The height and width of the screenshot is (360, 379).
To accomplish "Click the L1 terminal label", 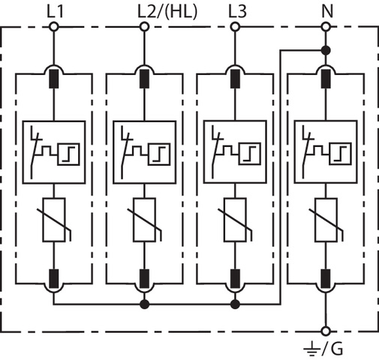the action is pyautogui.click(x=56, y=11).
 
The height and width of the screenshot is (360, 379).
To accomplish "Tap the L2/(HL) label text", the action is pyautogui.click(x=167, y=12).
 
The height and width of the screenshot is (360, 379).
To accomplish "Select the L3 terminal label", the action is pyautogui.click(x=237, y=11).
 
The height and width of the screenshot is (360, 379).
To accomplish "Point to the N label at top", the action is pyautogui.click(x=327, y=11).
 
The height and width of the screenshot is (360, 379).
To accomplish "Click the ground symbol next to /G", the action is pyautogui.click(x=311, y=349).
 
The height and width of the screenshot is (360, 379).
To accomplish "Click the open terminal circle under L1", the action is pyautogui.click(x=54, y=26).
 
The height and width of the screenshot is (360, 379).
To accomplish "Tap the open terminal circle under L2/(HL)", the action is pyautogui.click(x=144, y=26).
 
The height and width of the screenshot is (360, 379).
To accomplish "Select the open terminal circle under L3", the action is pyautogui.click(x=235, y=26).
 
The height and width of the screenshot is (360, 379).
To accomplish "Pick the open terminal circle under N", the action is pyautogui.click(x=326, y=26).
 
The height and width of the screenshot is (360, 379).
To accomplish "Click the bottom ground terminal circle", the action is pyautogui.click(x=326, y=331).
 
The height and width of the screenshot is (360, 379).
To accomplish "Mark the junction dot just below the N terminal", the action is pyautogui.click(x=326, y=50).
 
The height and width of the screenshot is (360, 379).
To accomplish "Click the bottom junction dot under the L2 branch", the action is pyautogui.click(x=144, y=304).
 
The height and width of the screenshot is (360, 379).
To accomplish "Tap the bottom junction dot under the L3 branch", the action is pyautogui.click(x=235, y=304).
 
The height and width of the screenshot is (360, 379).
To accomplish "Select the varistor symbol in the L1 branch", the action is pyautogui.click(x=54, y=220).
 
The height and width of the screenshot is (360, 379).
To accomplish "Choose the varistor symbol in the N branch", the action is pyautogui.click(x=326, y=220).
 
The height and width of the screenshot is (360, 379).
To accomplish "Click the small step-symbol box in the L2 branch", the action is pyautogui.click(x=159, y=154).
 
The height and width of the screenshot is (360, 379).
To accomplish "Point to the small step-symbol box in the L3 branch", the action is pyautogui.click(x=250, y=154).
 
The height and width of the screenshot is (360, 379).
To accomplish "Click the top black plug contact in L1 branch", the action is pyautogui.click(x=54, y=79).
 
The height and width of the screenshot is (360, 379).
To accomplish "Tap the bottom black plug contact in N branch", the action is pyautogui.click(x=326, y=279).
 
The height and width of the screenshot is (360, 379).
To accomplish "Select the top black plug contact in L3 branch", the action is pyautogui.click(x=235, y=79).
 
